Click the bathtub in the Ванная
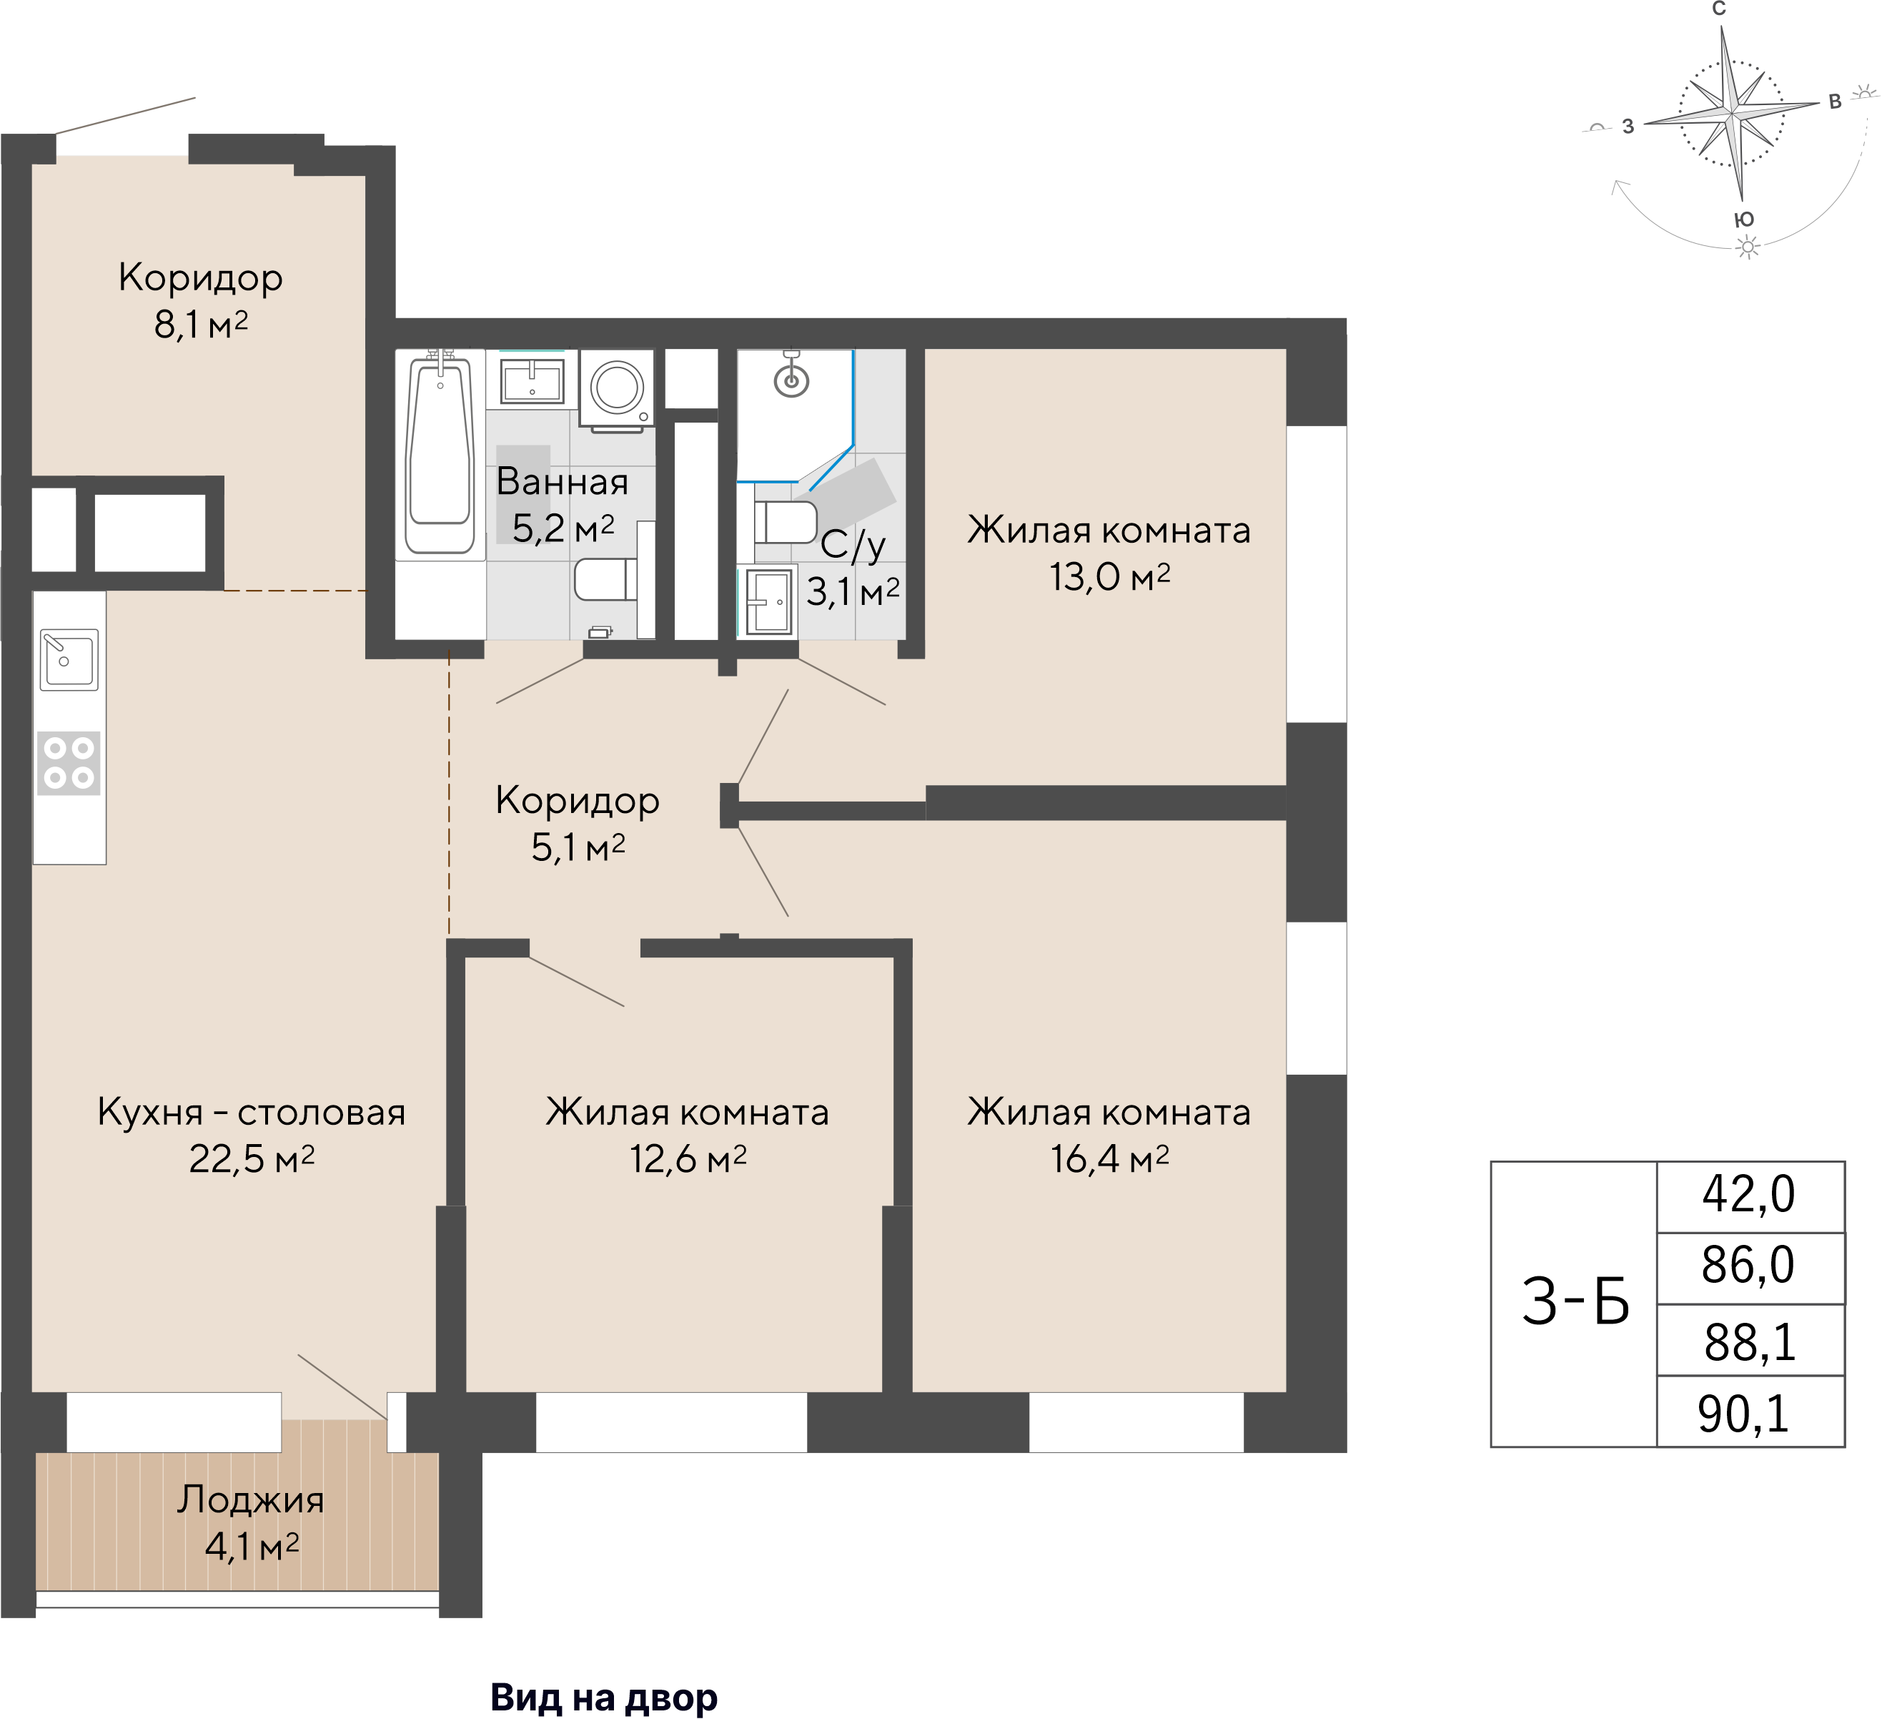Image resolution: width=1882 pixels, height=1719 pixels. tap(439, 455)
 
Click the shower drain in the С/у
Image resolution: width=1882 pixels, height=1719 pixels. tap(792, 379)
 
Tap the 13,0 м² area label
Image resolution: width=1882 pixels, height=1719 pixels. tap(1109, 577)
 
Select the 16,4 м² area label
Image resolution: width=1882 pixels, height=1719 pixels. tap(1109, 1159)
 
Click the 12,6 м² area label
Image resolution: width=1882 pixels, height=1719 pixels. tap(688, 1159)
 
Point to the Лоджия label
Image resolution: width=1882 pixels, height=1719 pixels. tap(251, 1499)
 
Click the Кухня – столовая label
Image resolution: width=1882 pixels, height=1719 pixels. tap(251, 1112)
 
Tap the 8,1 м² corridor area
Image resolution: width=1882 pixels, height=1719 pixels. tap(201, 325)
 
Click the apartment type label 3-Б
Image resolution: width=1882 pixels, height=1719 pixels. tap(1576, 1303)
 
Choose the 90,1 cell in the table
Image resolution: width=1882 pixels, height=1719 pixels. tap(1744, 1414)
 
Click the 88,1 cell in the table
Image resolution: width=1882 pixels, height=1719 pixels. tap(1750, 1343)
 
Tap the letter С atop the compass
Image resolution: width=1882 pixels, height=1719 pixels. tap(1718, 9)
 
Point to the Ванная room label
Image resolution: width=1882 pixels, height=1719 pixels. tap(562, 482)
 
